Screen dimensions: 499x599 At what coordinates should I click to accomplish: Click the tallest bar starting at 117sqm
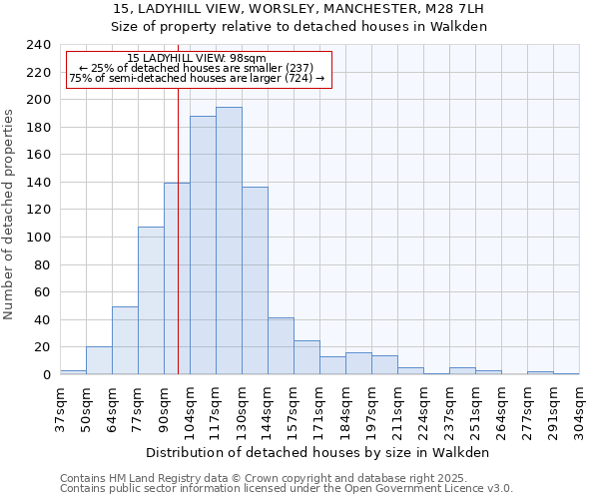(x=229, y=241)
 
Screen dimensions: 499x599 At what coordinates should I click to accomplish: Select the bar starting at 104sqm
(x=203, y=246)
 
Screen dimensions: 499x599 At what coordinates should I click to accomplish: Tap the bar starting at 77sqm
(x=151, y=300)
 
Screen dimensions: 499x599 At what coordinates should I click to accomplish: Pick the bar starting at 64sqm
(x=125, y=340)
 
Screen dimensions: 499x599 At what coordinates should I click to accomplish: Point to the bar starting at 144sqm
(x=281, y=345)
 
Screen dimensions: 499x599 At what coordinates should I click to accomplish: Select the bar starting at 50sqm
(x=99, y=360)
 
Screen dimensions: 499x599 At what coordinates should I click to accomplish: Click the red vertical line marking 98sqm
(x=178, y=230)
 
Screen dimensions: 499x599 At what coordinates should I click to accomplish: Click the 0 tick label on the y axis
(x=46, y=375)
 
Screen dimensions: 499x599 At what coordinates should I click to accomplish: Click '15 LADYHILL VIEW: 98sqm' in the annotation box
(x=198, y=59)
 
